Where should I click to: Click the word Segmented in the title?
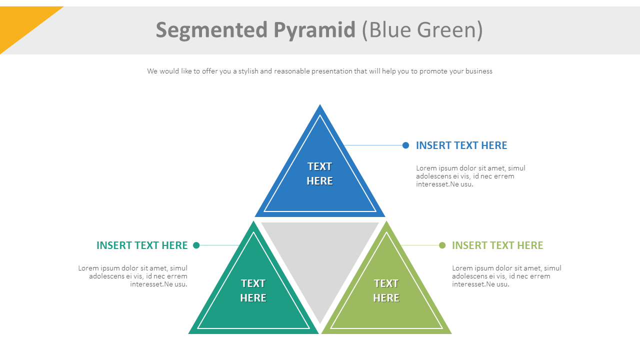[212, 30]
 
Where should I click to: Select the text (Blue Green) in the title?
[422, 30]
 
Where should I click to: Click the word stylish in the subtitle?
[248, 71]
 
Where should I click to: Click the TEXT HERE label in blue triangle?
[319, 173]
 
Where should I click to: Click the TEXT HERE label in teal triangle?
[253, 290]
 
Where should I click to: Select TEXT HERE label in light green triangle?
[386, 290]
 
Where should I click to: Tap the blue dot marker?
[405, 145]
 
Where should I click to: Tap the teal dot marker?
[196, 245]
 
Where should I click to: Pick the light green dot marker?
[442, 245]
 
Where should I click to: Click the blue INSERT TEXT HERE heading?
[461, 145]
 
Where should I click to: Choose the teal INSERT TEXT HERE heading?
[142, 245]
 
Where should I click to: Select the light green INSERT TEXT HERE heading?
[497, 245]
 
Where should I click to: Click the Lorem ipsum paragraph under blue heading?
[470, 176]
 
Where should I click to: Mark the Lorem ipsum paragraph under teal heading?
[133, 276]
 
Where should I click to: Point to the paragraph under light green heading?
[506, 276]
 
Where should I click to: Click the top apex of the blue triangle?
[320, 106]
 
